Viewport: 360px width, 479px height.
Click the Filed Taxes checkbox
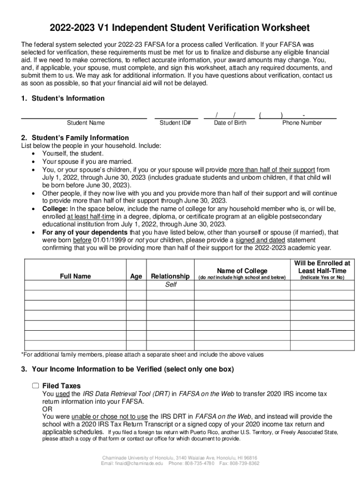click(36, 386)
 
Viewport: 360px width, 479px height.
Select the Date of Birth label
click(230, 123)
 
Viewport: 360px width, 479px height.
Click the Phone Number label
click(302, 123)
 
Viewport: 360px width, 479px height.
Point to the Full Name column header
click(75, 276)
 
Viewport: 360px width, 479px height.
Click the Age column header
click(136, 276)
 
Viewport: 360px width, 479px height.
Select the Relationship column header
click(170, 276)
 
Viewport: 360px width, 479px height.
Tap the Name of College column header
click(242, 271)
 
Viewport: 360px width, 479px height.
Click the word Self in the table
click(171, 285)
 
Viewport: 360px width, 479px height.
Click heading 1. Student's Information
click(63, 98)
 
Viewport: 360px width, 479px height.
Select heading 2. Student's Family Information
click(75, 138)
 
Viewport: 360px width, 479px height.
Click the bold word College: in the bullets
click(55, 209)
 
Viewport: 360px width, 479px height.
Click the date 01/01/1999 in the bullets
click(109, 240)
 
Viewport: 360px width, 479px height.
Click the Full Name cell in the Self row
click(75, 285)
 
